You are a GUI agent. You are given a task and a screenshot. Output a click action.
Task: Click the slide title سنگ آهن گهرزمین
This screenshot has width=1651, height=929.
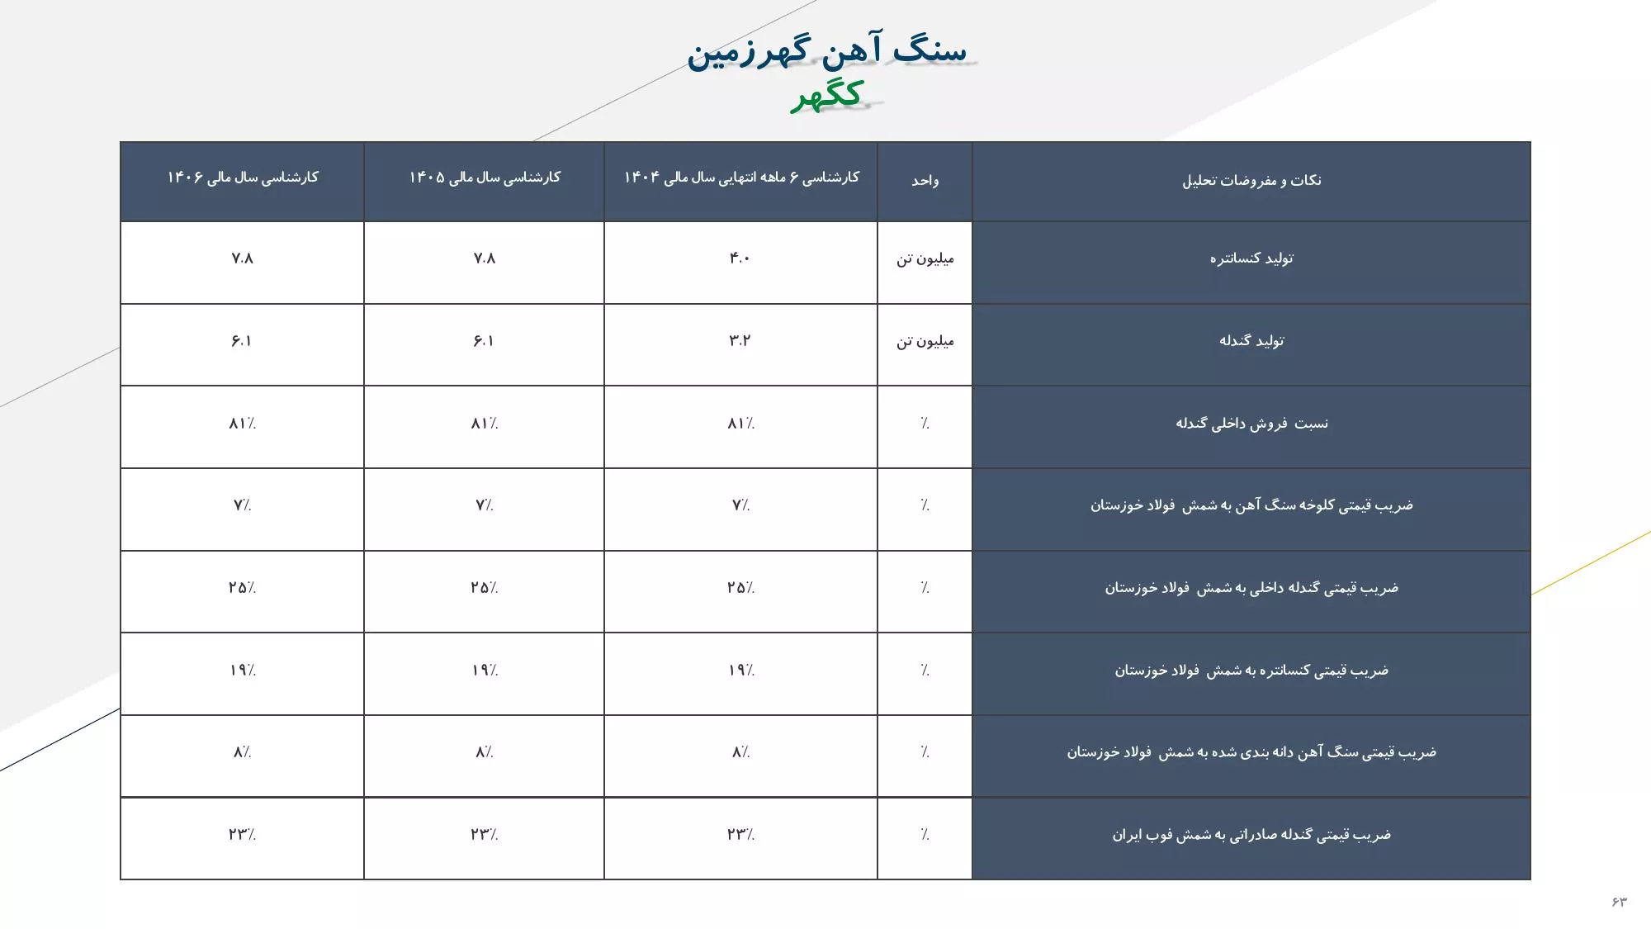[827, 51]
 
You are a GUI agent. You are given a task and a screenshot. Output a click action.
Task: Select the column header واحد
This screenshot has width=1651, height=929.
[925, 181]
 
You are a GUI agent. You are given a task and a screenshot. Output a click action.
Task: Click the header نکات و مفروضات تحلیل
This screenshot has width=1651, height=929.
[1251, 181]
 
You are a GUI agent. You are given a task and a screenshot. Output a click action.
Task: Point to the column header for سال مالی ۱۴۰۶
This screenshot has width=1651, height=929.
[243, 178]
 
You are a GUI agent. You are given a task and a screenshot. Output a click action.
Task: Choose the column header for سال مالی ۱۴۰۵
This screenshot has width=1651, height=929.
[485, 178]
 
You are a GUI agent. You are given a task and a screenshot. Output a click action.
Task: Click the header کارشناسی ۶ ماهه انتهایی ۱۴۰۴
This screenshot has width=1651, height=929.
[741, 178]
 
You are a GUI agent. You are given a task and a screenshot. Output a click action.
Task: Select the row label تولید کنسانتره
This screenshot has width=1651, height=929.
[1251, 258]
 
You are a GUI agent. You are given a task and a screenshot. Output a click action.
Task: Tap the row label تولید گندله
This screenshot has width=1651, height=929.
[1251, 341]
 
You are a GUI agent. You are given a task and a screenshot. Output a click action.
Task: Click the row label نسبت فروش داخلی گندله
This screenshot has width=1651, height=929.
[1251, 424]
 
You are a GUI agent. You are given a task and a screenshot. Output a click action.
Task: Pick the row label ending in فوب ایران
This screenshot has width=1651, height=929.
[1251, 835]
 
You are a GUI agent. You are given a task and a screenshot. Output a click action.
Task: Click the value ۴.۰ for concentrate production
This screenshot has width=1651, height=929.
[740, 258]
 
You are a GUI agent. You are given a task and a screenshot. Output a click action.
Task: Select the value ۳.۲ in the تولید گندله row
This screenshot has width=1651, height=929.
[740, 341]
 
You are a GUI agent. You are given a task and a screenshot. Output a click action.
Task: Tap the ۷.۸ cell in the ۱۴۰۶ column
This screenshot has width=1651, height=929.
[243, 258]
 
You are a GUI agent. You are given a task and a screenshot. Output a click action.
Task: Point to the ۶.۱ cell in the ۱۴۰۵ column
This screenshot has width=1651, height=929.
[484, 341]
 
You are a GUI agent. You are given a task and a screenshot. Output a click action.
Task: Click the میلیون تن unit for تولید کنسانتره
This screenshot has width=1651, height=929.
[925, 259]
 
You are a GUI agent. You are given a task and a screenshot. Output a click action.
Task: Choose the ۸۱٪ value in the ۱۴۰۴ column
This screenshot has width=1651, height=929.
[740, 424]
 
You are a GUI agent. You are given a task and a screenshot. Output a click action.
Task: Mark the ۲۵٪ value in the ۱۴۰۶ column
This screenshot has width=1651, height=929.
[243, 588]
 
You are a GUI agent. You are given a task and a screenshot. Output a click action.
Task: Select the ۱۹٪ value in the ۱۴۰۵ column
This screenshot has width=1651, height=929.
[485, 671]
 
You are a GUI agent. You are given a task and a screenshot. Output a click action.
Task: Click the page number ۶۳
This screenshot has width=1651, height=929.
[1618, 901]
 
